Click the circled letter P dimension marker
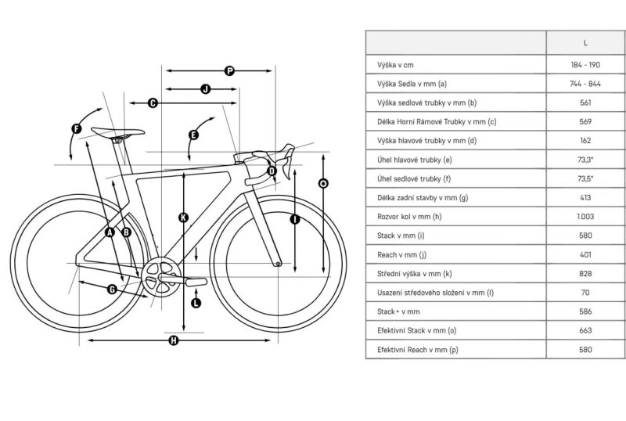(230, 70)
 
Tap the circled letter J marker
(206, 89)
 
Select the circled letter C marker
(153, 103)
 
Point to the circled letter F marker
(76, 128)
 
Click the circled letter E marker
(193, 135)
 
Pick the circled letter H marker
(174, 340)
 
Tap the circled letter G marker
(112, 289)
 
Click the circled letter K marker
(183, 218)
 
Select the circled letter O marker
(323, 182)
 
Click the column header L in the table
(585, 42)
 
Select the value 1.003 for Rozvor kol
(585, 216)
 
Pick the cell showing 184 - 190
(585, 64)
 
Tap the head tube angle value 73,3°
(585, 159)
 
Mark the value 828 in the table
(585, 274)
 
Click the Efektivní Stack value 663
(585, 331)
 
